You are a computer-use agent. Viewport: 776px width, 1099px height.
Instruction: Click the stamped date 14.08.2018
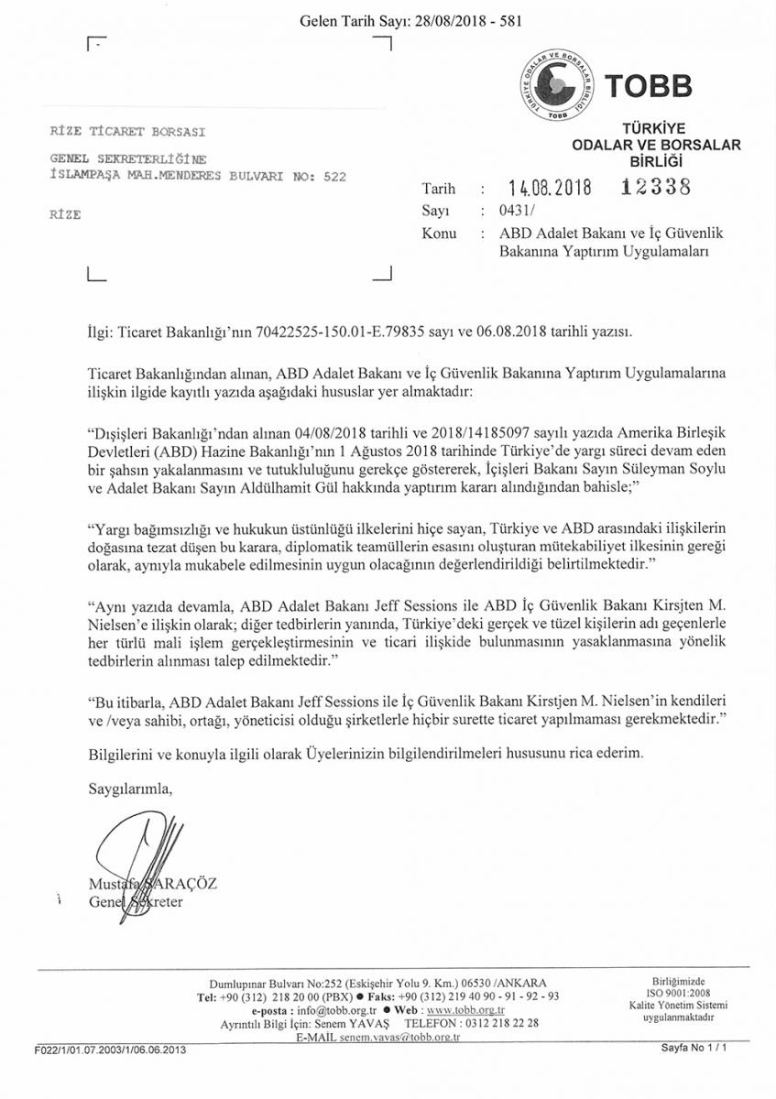click(549, 188)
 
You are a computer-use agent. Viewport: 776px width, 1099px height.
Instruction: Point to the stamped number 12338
click(654, 187)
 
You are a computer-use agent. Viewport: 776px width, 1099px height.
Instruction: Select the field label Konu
click(439, 234)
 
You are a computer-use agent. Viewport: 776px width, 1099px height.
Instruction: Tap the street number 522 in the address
click(335, 177)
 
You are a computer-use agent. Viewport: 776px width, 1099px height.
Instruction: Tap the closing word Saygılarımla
click(129, 787)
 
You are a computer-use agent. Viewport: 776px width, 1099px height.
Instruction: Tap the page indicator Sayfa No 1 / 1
click(694, 1049)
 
